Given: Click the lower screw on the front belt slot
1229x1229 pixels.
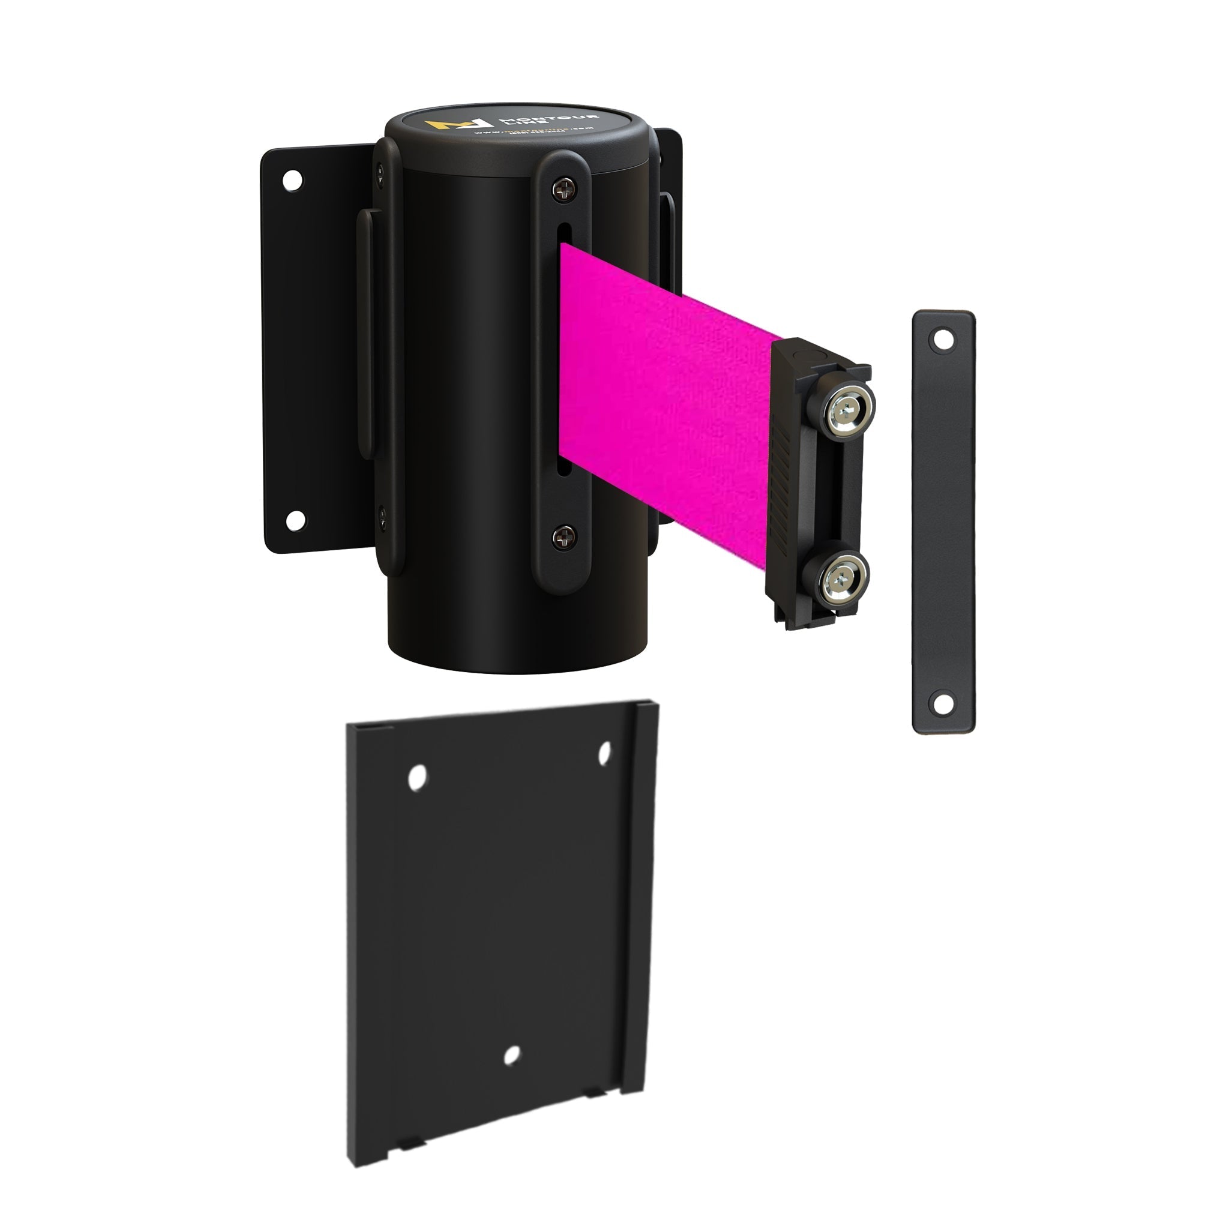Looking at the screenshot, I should click(563, 538).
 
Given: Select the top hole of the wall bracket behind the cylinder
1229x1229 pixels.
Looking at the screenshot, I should click(293, 180).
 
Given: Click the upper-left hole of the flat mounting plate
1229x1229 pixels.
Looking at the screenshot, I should click(417, 777).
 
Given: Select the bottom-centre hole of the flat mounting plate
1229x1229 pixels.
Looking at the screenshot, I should click(511, 1056).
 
